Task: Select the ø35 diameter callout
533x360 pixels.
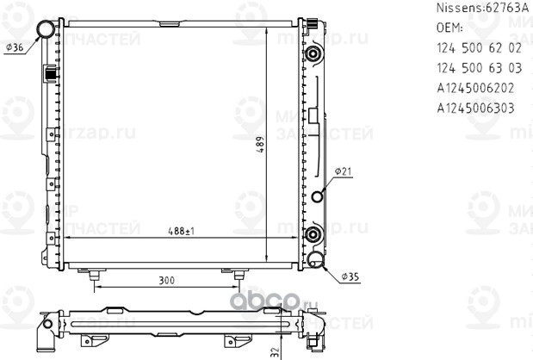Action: [x=349, y=276]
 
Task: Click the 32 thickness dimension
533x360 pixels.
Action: [x=274, y=351]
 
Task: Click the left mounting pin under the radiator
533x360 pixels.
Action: [x=87, y=274]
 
